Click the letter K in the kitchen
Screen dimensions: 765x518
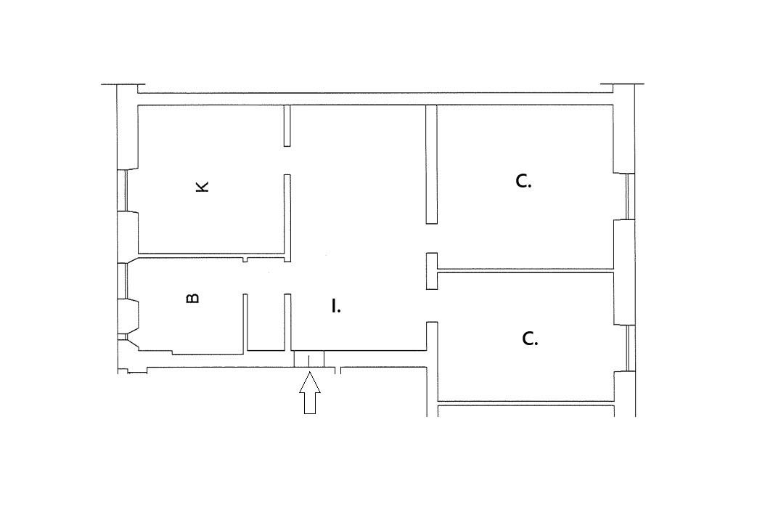[202, 187]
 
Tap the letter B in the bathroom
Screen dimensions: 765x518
[193, 298]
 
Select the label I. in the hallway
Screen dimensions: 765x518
[336, 307]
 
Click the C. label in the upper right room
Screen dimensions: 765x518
[523, 182]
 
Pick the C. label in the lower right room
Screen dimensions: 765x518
[530, 339]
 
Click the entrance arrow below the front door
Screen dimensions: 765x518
[310, 392]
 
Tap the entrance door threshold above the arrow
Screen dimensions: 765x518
[308, 359]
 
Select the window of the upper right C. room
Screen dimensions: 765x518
[629, 196]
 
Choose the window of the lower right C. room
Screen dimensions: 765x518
[630, 348]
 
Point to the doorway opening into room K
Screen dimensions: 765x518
[287, 161]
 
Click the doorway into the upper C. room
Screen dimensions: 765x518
[432, 238]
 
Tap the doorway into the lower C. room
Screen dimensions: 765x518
[432, 306]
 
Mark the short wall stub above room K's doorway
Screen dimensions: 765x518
[287, 126]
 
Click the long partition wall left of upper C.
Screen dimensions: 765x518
[431, 164]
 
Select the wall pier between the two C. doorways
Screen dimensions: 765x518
[432, 271]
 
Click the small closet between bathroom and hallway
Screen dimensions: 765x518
[266, 323]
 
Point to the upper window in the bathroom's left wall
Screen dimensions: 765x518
[123, 280]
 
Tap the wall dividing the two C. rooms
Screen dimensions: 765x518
[525, 271]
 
